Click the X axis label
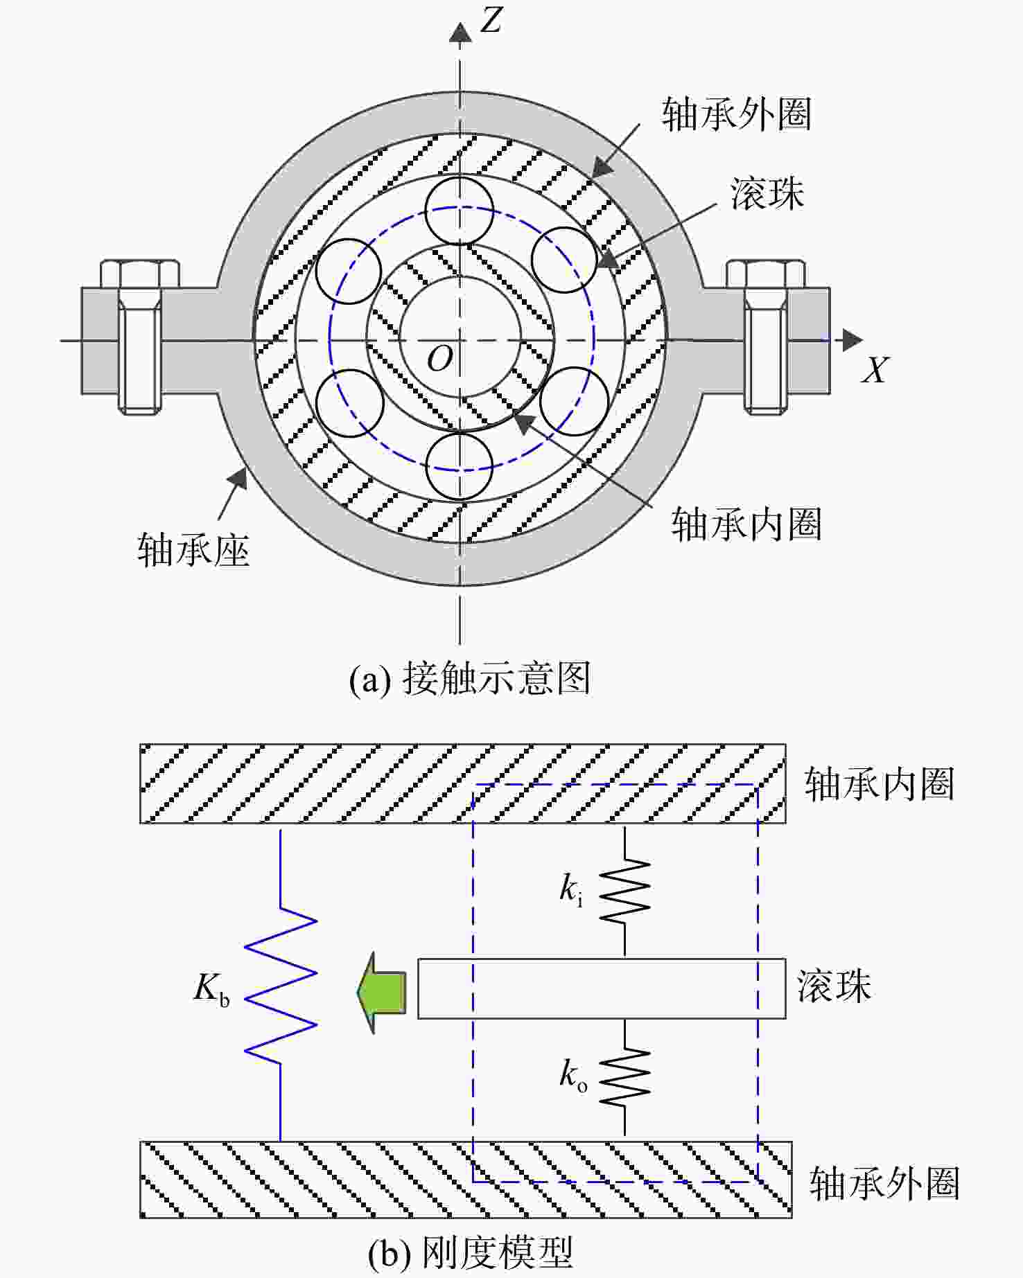(x=875, y=370)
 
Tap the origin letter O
(x=440, y=359)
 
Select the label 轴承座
(x=193, y=551)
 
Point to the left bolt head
(x=140, y=274)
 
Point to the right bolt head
(x=766, y=274)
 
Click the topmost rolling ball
(x=459, y=211)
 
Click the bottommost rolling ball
(x=459, y=465)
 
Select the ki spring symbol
(x=624, y=891)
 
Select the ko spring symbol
(x=624, y=1078)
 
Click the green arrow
(x=381, y=993)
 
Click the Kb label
(x=211, y=988)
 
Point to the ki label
(x=571, y=889)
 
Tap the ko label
(x=573, y=1076)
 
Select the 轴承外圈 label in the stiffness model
(x=885, y=1183)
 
